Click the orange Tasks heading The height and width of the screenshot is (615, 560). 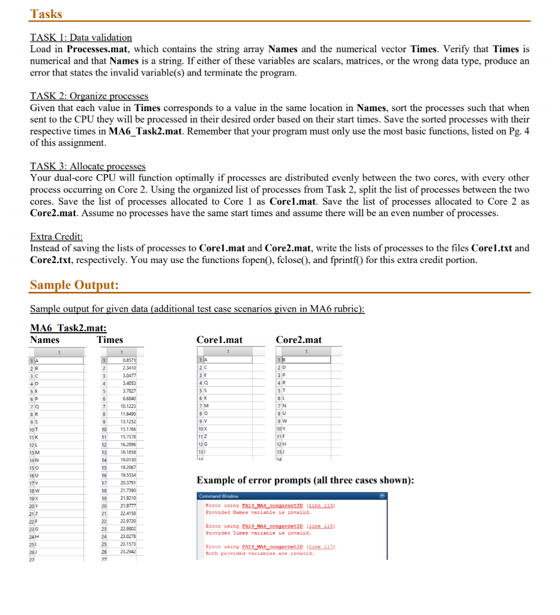tap(46, 13)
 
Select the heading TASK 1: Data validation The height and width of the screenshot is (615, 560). tap(81, 37)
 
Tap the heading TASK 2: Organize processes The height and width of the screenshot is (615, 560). tap(89, 96)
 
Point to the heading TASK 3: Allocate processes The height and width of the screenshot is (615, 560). tap(88, 166)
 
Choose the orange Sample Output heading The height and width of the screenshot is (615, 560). tap(74, 284)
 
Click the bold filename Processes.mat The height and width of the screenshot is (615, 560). tap(95, 49)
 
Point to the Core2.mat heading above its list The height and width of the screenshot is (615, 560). tap(298, 340)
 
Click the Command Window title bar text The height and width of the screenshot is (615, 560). tap(218, 496)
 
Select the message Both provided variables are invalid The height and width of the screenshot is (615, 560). tap(260, 553)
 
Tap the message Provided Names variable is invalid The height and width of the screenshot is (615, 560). tap(258, 512)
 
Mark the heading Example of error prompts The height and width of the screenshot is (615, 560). tap(305, 480)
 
